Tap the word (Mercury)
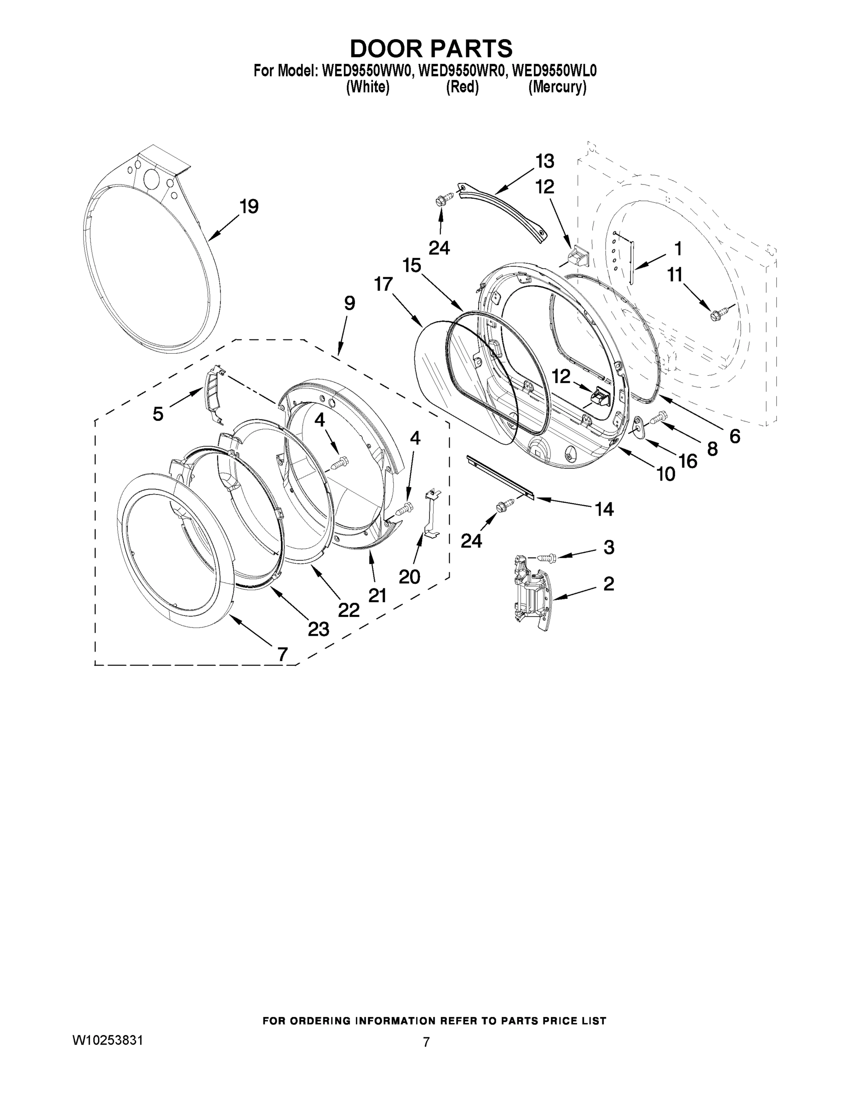557,87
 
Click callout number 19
249,206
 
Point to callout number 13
545,161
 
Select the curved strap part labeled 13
505,213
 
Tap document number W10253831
108,1040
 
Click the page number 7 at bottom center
426,1042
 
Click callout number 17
384,284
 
